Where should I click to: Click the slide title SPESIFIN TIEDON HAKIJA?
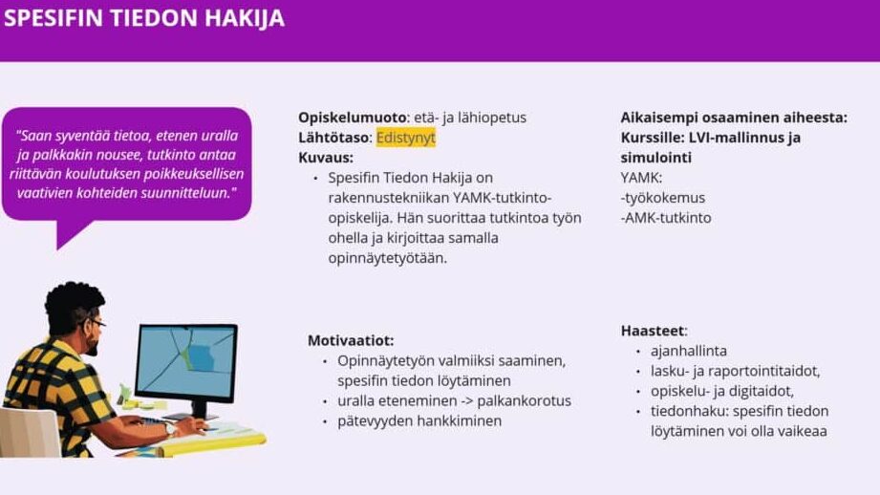coord(144,18)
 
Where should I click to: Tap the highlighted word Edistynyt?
coord(406,138)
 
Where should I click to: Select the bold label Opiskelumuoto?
coord(353,118)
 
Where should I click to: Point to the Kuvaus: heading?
coord(326,157)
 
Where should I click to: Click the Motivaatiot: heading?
coord(351,340)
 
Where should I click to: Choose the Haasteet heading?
coord(653,331)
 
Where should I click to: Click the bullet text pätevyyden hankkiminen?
coord(419,420)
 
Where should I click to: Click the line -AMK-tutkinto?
coord(666,218)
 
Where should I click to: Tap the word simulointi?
coord(655,158)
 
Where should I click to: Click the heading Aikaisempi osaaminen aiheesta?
coord(734,118)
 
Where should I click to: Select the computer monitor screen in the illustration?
coord(185,361)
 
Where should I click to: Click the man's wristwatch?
coord(170,429)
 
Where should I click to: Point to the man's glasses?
coord(95,322)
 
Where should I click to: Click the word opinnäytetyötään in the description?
coord(387,258)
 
